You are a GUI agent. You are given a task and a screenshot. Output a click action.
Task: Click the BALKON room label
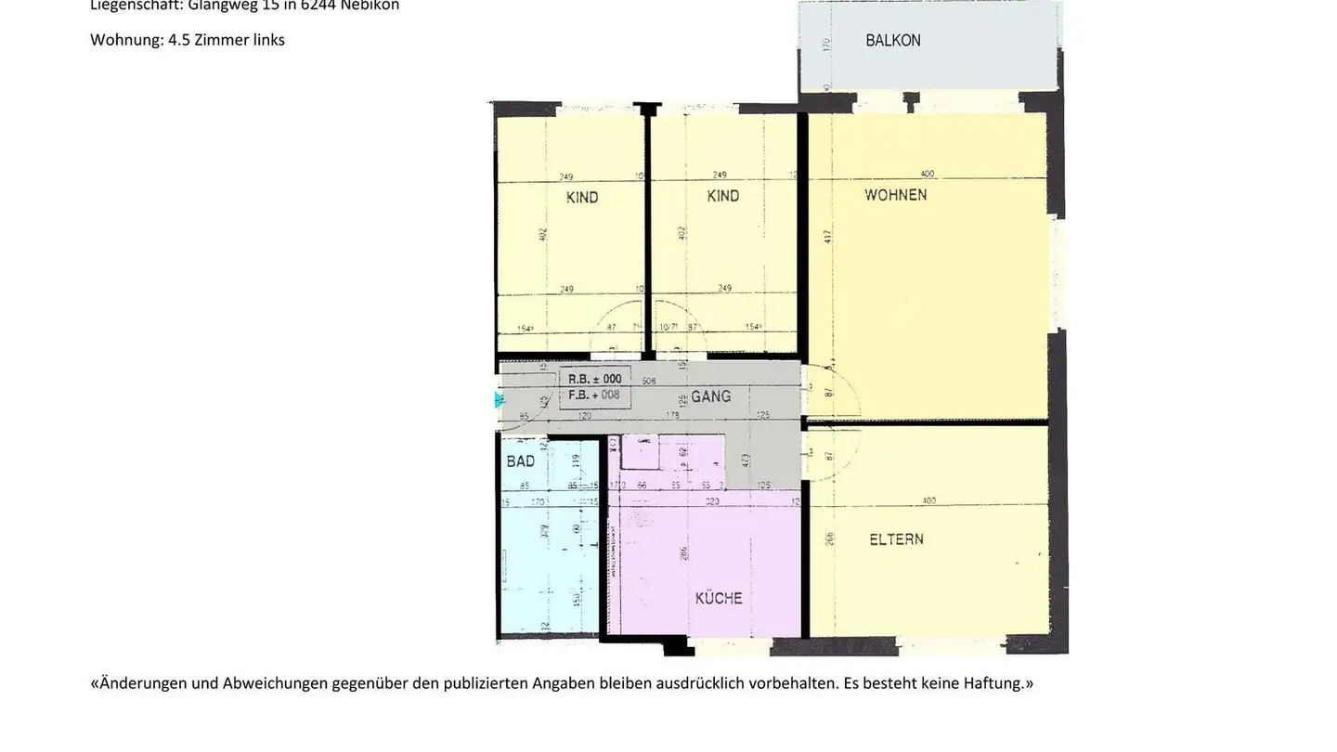point(892,41)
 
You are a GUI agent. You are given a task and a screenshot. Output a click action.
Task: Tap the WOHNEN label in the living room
point(895,195)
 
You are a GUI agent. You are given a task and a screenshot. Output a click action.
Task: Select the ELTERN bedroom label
point(896,538)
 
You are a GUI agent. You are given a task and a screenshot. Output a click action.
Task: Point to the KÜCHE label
point(719,599)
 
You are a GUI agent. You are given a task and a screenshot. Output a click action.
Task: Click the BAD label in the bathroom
point(520,461)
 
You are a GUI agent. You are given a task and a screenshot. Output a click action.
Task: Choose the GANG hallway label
point(710,396)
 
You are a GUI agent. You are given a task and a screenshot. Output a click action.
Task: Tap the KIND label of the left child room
point(582,197)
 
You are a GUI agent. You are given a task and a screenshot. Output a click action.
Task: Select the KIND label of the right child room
point(722,196)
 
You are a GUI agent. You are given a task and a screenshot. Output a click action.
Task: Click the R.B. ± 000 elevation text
point(594,379)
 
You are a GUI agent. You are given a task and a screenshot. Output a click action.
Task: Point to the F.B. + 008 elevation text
point(594,395)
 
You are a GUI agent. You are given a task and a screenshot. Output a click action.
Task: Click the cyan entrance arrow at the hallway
point(500,400)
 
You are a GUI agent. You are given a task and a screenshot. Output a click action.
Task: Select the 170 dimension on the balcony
point(826,42)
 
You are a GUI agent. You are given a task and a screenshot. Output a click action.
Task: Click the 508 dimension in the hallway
point(649,381)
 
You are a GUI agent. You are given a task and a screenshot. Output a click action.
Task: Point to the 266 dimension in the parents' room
point(828,539)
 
